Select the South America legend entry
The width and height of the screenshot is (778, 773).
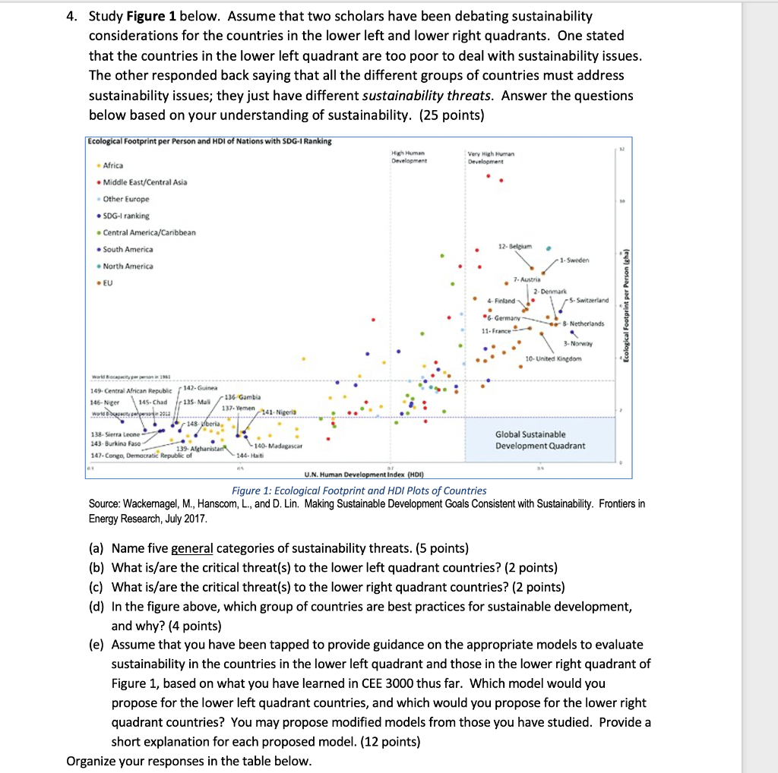[x=127, y=249]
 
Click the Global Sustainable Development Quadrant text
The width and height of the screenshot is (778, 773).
[x=539, y=440]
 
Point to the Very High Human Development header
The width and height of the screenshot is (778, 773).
[x=490, y=158]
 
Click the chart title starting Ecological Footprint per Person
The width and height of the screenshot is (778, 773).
[x=209, y=141]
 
